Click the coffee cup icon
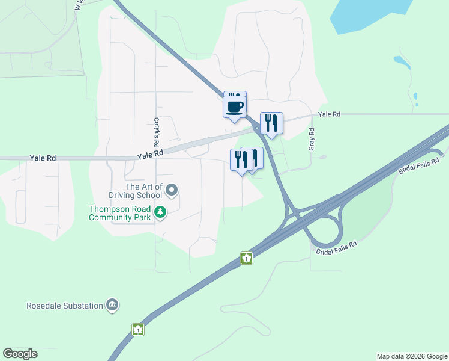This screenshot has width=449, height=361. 235,106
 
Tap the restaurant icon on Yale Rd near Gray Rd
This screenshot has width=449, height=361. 271,123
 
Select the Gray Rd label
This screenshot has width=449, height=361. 312,140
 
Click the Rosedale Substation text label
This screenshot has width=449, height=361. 65,306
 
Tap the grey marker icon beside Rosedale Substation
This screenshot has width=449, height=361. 112,306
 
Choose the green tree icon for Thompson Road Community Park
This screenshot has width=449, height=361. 160,212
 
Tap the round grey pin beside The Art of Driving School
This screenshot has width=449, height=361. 172,191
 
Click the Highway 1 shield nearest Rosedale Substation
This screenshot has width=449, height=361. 139,330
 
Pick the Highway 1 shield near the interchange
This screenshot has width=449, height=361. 246,258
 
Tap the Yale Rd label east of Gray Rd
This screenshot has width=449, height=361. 330,114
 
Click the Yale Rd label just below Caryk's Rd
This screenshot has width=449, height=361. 150,155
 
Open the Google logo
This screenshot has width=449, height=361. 20,354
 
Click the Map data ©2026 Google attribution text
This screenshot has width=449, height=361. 411,356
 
